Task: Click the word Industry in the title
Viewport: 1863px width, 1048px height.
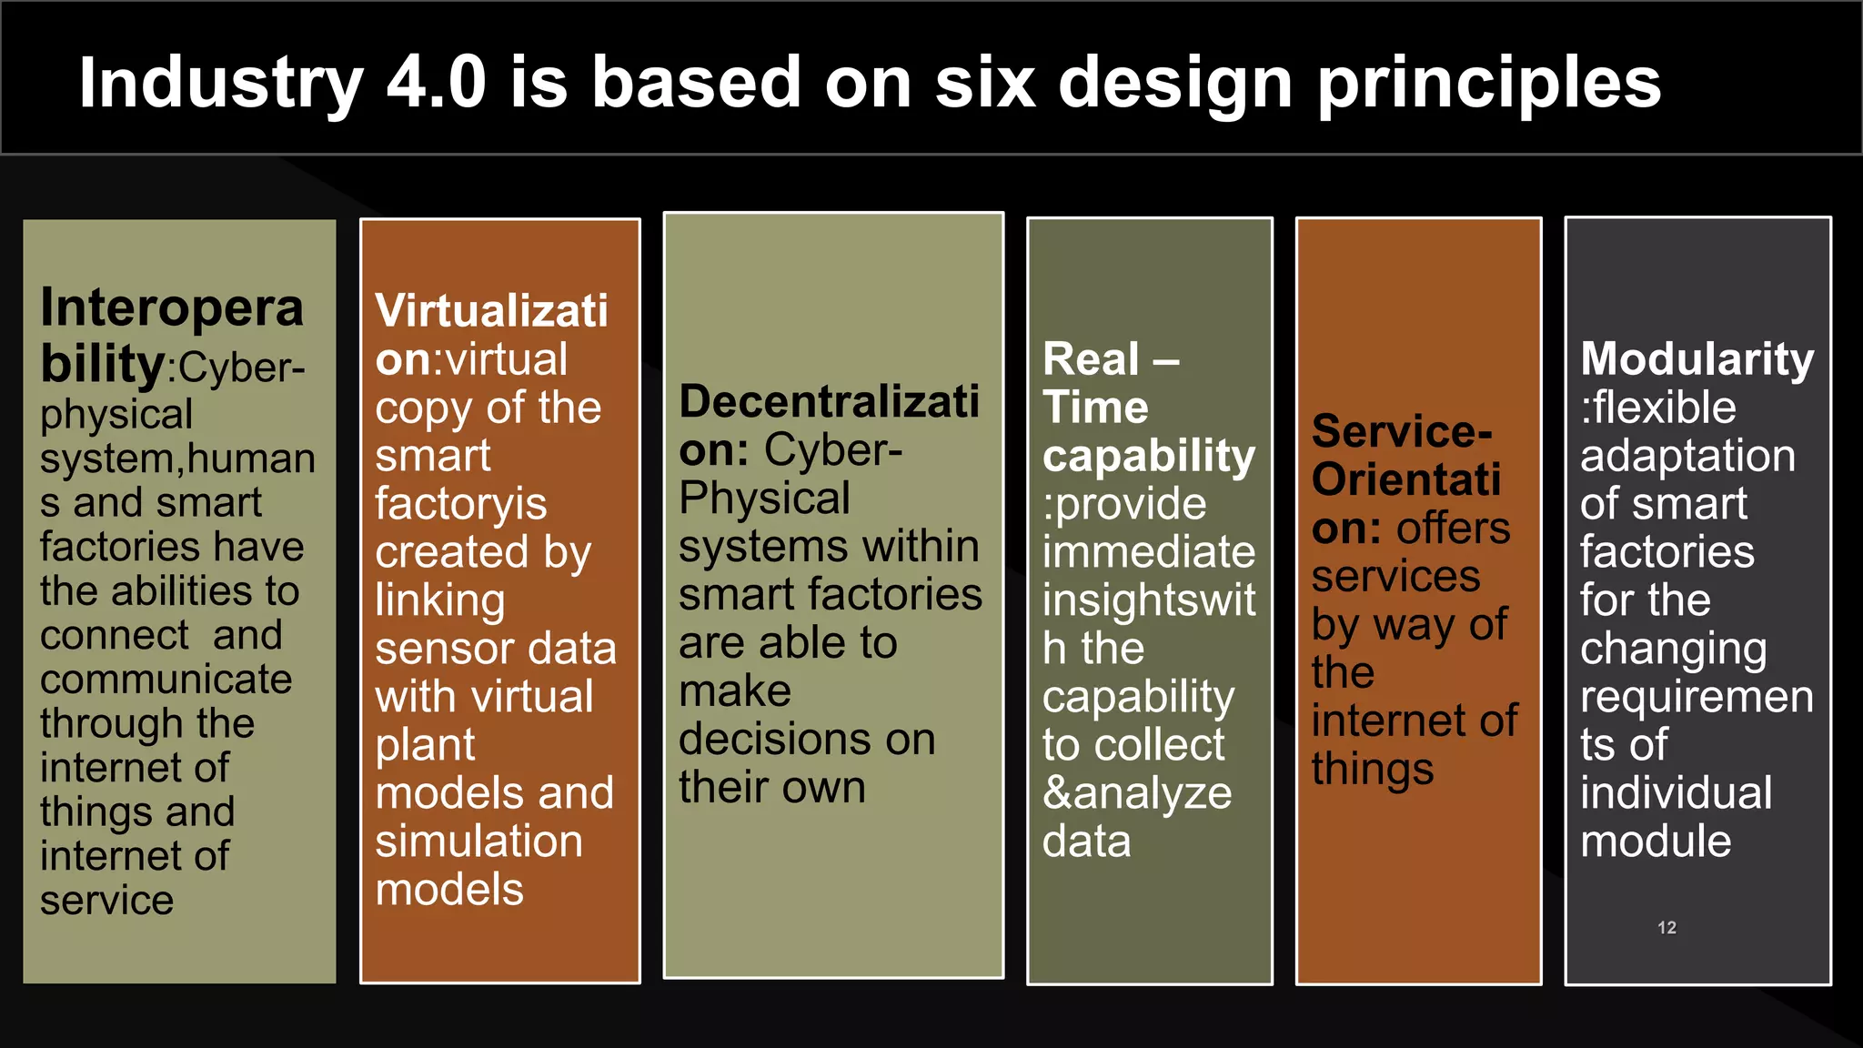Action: pyautogui.click(x=221, y=84)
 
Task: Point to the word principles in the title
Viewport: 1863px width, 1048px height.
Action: pyautogui.click(x=1489, y=84)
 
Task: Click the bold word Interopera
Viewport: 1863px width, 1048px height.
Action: pyautogui.click(x=172, y=307)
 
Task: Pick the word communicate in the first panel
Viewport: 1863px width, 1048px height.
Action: pyautogui.click(x=166, y=680)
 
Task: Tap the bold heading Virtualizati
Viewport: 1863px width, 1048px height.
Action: pyautogui.click(x=491, y=311)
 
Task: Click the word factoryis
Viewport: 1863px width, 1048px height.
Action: pyautogui.click(x=461, y=504)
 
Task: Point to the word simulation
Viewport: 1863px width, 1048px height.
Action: pyautogui.click(x=478, y=841)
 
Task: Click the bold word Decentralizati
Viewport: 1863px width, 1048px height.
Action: pyautogui.click(x=829, y=401)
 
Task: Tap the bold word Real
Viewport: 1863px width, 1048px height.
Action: pyautogui.click(x=1091, y=358)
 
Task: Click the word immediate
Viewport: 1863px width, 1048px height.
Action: pyautogui.click(x=1149, y=552)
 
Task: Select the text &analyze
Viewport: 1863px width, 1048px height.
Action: pyautogui.click(x=1137, y=793)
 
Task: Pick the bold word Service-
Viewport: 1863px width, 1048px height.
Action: pyautogui.click(x=1402, y=431)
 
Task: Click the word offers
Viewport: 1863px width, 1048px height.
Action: pyautogui.click(x=1454, y=529)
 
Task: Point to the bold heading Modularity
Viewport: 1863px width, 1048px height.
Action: pyautogui.click(x=1697, y=359)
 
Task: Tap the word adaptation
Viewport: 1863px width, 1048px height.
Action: pyautogui.click(x=1687, y=456)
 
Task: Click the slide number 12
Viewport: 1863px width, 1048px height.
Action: pyautogui.click(x=1667, y=928)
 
